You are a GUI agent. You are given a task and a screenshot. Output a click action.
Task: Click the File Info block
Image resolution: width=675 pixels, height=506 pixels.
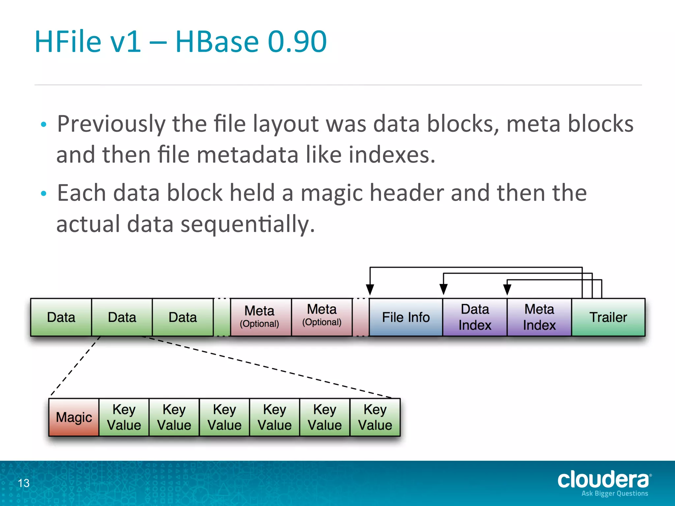coord(406,317)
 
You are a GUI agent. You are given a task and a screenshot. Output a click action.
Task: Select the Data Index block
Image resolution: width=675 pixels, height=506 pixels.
coord(475,317)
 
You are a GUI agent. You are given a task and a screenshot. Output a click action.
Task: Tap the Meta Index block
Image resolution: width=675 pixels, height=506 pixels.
coord(539,317)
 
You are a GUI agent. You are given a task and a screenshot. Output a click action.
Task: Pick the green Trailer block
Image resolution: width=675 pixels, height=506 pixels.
coord(608,317)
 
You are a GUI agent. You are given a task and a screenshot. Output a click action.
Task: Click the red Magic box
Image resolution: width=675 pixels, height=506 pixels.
coord(74,417)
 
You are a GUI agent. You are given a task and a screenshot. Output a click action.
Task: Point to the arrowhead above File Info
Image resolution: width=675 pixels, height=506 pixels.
coord(370,290)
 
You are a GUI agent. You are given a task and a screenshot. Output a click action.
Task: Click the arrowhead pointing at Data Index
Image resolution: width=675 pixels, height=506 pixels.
coord(444,290)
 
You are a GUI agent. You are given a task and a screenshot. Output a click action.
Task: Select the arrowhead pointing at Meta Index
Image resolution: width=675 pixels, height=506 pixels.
coord(507,290)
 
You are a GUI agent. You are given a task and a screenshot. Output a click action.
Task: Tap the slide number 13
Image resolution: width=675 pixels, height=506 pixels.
coord(24,483)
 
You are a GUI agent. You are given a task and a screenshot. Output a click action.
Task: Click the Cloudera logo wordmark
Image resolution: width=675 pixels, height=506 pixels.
coord(603,480)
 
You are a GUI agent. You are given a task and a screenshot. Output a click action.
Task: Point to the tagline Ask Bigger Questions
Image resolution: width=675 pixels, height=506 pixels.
coord(615,493)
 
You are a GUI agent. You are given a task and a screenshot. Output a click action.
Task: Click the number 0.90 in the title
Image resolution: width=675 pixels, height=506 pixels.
coord(297,42)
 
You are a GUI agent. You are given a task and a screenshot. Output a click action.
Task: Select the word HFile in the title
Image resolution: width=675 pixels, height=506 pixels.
coord(68,42)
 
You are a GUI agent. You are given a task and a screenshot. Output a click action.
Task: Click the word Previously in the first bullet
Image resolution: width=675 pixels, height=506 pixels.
coord(111,124)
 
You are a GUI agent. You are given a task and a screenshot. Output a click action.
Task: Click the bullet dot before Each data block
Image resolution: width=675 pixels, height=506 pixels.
coord(44,194)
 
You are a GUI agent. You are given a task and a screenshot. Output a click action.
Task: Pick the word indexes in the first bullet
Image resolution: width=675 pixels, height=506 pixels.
coord(392,155)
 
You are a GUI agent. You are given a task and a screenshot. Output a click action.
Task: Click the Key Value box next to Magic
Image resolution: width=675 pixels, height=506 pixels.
coord(124,417)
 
